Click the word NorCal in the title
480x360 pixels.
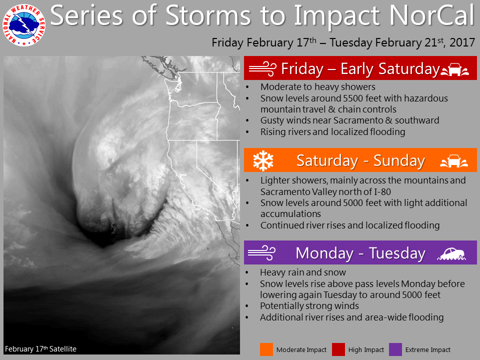[432, 15]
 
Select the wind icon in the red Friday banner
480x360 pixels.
[262, 68]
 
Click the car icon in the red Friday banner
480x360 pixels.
[455, 69]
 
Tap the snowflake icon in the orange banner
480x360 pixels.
[263, 160]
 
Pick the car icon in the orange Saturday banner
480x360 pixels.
[454, 161]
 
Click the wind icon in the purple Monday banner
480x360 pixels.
[261, 253]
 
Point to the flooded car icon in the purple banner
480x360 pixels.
[452, 254]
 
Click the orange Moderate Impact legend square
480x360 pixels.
[266, 349]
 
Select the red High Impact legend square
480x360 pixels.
[338, 349]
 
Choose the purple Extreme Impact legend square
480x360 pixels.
[395, 349]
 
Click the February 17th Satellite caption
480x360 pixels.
[40, 348]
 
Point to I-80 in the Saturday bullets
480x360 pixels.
[382, 192]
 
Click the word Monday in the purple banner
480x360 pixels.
[324, 253]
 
